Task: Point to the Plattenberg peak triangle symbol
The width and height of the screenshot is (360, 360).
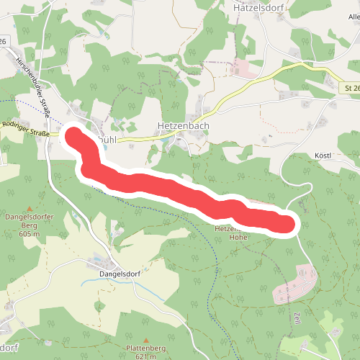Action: (146, 340)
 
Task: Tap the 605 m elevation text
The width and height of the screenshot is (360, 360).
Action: (30, 233)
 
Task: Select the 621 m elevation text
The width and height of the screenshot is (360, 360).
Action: (146, 356)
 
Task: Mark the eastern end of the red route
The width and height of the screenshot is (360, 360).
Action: (287, 224)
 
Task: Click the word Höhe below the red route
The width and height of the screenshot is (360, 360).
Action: (238, 236)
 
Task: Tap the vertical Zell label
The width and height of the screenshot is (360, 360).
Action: (296, 318)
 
